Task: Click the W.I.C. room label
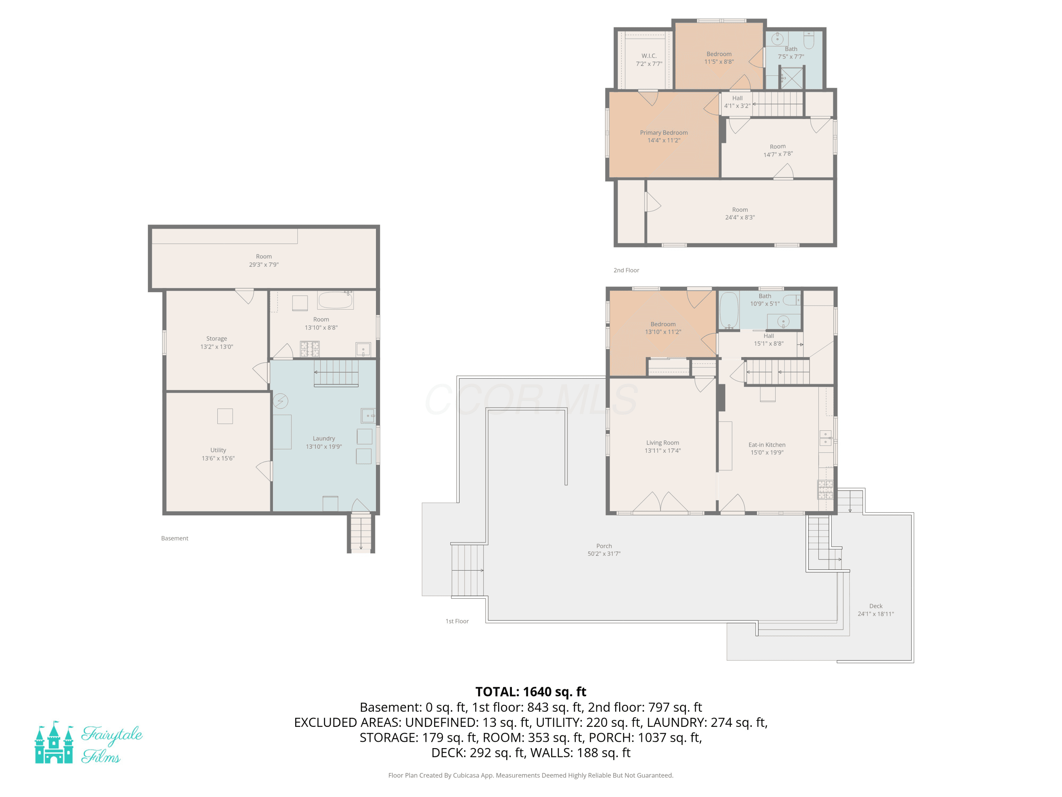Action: click(x=649, y=56)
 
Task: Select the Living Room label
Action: click(x=663, y=442)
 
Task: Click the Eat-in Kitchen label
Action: click(x=767, y=445)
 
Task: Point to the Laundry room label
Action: click(x=324, y=438)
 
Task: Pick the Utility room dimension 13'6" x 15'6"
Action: click(x=218, y=458)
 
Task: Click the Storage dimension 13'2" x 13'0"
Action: click(x=217, y=346)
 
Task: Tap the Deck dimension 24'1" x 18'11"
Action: click(x=876, y=614)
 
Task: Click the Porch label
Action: click(x=604, y=546)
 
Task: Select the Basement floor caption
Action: click(x=175, y=538)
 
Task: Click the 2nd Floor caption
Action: click(x=626, y=270)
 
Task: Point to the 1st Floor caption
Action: click(x=457, y=621)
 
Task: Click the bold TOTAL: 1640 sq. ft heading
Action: click(x=531, y=692)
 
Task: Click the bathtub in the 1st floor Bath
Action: click(x=729, y=310)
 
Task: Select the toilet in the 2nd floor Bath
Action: click(x=809, y=40)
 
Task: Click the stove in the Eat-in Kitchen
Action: click(x=825, y=490)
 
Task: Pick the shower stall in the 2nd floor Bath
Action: click(x=792, y=78)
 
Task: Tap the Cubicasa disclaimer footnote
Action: click(x=531, y=775)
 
